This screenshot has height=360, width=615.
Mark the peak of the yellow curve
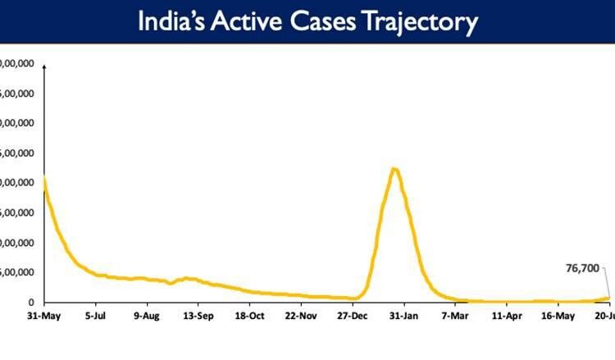point(394,169)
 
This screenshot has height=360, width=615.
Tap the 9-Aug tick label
point(146,315)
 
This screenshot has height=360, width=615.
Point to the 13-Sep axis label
point(198,315)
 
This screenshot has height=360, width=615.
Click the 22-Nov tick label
point(301,315)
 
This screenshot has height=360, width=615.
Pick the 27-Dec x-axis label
point(352,315)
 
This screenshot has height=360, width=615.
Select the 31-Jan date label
point(403,315)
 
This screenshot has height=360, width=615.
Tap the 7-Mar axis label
point(455,315)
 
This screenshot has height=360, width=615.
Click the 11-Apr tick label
point(507,315)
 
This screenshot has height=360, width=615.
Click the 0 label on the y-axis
point(30,303)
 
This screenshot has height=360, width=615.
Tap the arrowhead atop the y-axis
point(43,66)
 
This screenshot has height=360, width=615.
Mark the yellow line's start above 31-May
point(43,179)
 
